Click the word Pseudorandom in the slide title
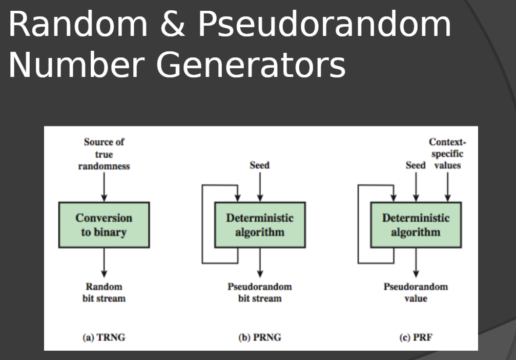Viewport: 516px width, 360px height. [324, 24]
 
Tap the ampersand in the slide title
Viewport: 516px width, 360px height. [173, 24]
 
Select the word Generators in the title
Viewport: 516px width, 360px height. [251, 65]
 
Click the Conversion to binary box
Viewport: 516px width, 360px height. [104, 225]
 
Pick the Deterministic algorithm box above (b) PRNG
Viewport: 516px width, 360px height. [260, 225]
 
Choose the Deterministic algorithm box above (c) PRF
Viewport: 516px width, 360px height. [416, 225]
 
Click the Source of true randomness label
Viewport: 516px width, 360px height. [104, 154]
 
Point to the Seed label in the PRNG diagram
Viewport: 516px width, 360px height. [260, 165]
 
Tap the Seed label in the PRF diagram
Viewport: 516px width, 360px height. [416, 165]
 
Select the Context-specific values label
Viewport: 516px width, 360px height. [447, 154]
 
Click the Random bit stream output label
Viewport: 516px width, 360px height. [104, 292]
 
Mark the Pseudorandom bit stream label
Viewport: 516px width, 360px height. [260, 292]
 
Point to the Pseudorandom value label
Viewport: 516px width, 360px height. [416, 292]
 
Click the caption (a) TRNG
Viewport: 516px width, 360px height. [104, 337]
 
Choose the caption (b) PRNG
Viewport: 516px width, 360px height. [260, 337]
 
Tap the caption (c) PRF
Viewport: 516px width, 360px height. [416, 337]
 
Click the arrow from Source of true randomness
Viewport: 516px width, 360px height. [104, 187]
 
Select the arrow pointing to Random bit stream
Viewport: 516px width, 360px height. [104, 263]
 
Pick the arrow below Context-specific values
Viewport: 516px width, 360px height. [447, 187]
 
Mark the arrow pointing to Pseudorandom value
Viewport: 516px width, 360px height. [416, 263]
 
